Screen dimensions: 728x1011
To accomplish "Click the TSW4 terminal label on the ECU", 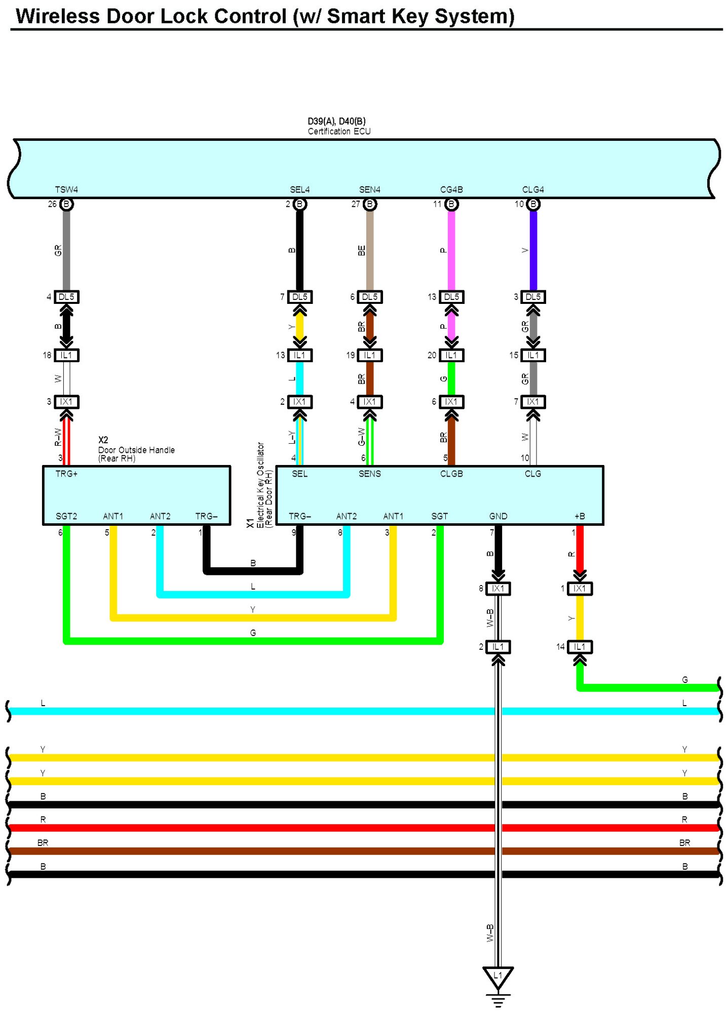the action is coord(66,189).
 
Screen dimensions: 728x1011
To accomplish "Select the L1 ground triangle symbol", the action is coord(498,977).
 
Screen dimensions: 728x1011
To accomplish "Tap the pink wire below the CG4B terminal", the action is coord(451,250).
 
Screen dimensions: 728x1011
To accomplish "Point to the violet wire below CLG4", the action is coord(533,250).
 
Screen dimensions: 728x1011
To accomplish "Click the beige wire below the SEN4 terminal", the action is coord(370,250).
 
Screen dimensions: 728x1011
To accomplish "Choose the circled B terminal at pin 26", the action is coord(66,204).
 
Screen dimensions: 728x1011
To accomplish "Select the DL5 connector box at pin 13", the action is coord(451,297).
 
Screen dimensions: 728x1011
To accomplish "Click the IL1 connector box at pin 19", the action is coord(370,355).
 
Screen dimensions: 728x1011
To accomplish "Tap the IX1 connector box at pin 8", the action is coord(498,588).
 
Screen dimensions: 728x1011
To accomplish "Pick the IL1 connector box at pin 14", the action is coord(580,647).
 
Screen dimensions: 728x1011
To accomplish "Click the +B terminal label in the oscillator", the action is coord(580,516).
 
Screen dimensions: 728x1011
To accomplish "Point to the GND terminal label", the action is coord(498,516).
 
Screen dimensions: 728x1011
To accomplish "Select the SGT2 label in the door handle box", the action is coord(66,516).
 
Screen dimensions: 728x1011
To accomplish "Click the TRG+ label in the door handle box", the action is coord(66,474).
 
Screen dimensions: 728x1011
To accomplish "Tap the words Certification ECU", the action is coord(339,131).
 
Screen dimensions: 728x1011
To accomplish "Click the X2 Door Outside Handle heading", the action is coord(136,449).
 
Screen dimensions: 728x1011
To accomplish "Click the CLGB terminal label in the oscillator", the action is coord(451,474).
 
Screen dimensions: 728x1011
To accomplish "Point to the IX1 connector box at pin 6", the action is coord(451,402).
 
